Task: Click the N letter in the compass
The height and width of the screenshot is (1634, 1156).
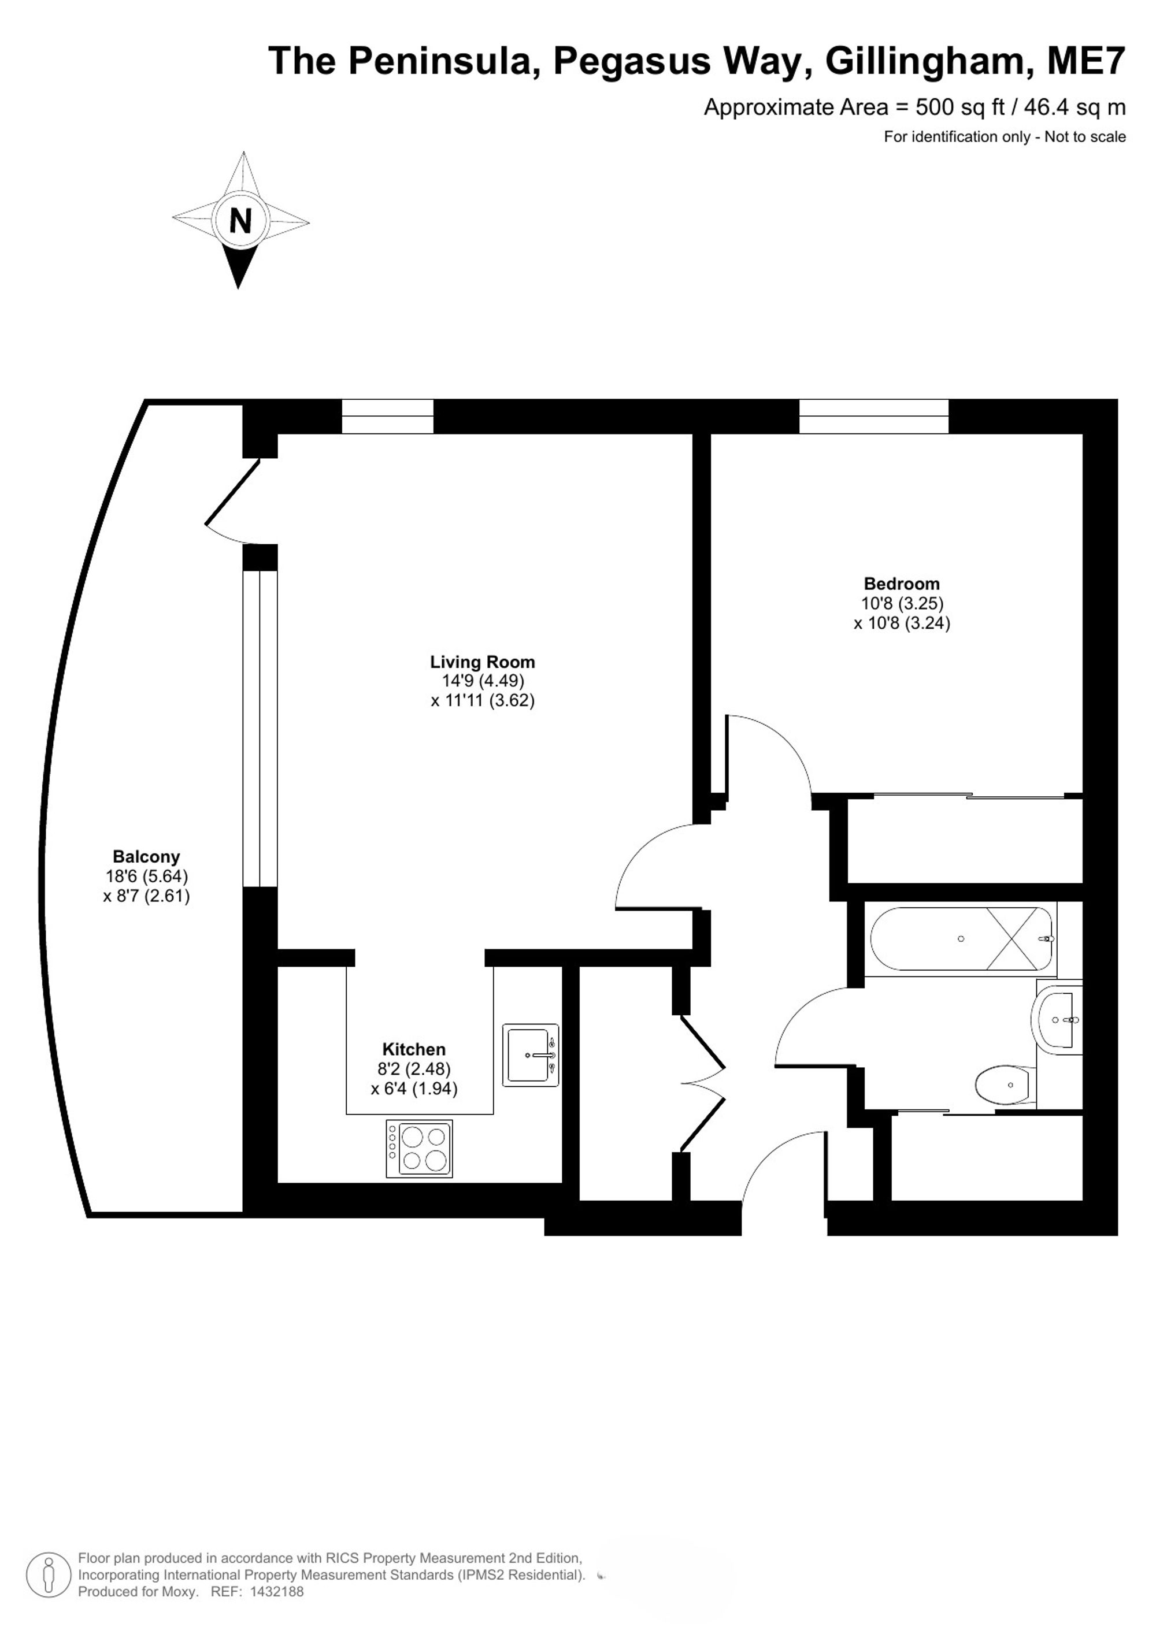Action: [240, 221]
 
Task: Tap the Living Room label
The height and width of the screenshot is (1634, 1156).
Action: [482, 662]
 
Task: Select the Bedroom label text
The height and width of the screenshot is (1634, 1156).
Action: [901, 584]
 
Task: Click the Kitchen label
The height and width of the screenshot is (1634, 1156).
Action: [414, 1049]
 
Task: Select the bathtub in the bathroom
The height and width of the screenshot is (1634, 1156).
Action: [961, 939]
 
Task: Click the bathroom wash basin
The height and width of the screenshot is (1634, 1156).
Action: [1057, 1020]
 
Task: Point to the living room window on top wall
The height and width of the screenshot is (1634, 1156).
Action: [387, 417]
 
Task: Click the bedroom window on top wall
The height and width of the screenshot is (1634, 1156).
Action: [873, 417]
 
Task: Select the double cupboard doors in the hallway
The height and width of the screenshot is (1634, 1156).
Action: [703, 1083]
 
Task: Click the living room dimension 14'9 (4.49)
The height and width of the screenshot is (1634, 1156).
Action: [483, 681]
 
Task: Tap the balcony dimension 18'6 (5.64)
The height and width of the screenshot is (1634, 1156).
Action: [147, 876]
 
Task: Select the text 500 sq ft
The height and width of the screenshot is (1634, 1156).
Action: [960, 107]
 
